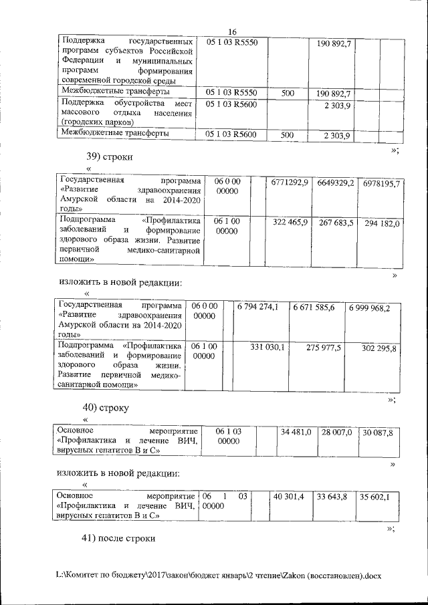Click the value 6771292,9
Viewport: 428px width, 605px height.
coord(290,183)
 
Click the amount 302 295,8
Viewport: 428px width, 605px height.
coord(379,348)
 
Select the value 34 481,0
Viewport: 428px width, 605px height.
coord(296,433)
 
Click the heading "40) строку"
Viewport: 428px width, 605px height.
coord(105,406)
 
